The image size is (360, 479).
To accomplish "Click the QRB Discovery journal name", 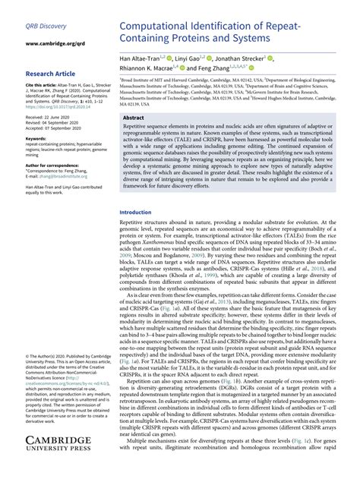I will point(44,28).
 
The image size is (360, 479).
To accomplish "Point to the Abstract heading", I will point(134,118).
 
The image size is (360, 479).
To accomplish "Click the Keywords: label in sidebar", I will point(39,139).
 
